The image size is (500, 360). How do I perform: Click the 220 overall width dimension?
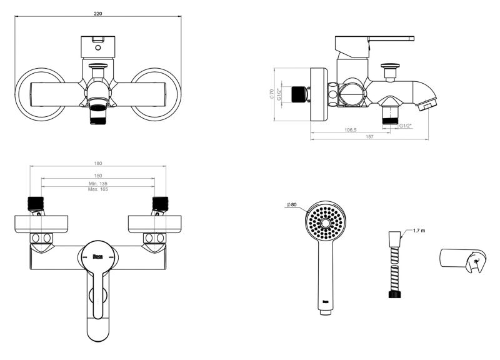(x=98, y=14)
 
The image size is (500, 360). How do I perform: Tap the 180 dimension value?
(x=98, y=163)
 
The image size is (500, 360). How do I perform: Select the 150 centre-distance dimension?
(x=98, y=176)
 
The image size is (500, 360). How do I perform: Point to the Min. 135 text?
(x=98, y=184)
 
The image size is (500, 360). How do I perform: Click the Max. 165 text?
(x=98, y=189)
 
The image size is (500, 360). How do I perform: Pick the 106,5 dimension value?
(x=351, y=130)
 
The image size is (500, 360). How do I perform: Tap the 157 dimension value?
(x=369, y=137)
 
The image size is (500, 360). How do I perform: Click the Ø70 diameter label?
(x=272, y=94)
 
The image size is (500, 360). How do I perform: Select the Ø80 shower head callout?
(x=291, y=204)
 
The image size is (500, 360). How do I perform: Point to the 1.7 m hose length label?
(x=419, y=231)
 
